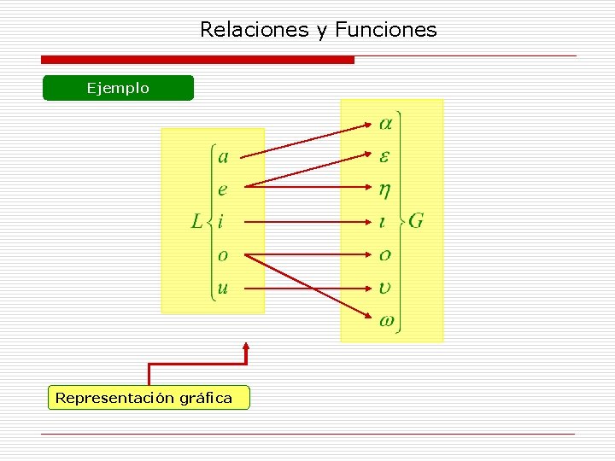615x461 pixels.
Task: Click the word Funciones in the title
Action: click(385, 30)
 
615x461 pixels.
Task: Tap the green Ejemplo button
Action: click(118, 88)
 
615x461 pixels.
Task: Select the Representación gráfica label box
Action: click(149, 398)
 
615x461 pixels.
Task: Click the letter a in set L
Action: click(223, 156)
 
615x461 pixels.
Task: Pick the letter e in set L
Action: click(223, 190)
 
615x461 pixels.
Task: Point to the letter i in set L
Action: click(220, 222)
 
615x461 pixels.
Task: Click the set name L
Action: click(197, 222)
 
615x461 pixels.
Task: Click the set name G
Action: click(416, 220)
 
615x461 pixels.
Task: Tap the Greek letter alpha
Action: click(385, 124)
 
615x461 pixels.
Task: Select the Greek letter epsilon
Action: click(384, 156)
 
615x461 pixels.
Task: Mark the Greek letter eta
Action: click(385, 190)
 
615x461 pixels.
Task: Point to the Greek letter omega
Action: click(386, 321)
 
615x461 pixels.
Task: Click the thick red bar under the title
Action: click(197, 60)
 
